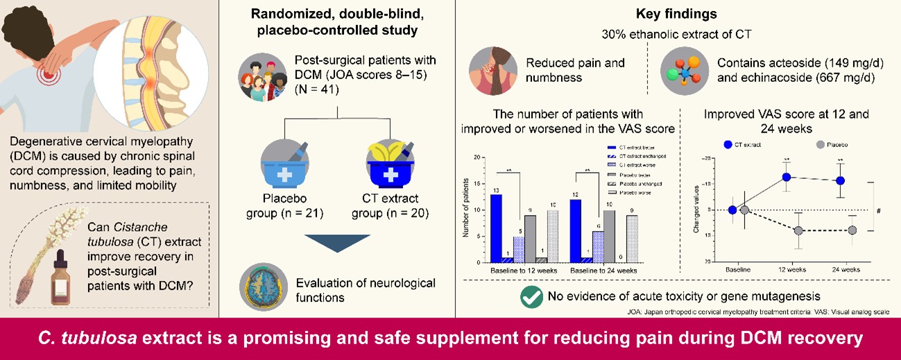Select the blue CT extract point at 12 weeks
click(x=787, y=177)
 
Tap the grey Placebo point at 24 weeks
click(x=852, y=230)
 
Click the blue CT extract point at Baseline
click(x=732, y=209)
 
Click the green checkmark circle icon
click(x=530, y=296)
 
